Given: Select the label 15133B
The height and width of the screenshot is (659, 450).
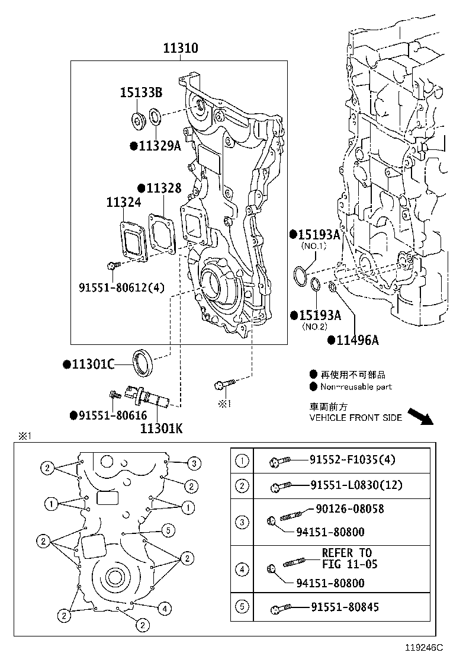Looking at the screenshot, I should pyautogui.click(x=141, y=92).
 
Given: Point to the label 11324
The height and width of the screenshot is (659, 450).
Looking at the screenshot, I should pyautogui.click(x=124, y=203).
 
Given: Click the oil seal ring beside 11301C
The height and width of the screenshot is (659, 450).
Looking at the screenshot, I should pyautogui.click(x=143, y=363).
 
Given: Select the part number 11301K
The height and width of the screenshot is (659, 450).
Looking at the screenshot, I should pyautogui.click(x=161, y=427).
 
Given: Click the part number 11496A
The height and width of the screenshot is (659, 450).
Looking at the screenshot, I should pyautogui.click(x=357, y=340).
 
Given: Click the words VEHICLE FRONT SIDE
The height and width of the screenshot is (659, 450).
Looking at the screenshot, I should pyautogui.click(x=355, y=418).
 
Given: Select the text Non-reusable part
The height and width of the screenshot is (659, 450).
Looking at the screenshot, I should pyautogui.click(x=355, y=387).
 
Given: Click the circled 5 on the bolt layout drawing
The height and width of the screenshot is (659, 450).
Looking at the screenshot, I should pyautogui.click(x=168, y=530).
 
